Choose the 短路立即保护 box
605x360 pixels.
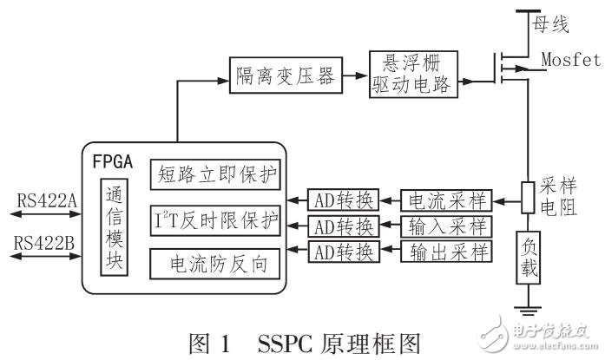[x=215, y=174]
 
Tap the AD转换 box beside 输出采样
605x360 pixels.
[x=343, y=252]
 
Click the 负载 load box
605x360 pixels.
[x=528, y=257]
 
